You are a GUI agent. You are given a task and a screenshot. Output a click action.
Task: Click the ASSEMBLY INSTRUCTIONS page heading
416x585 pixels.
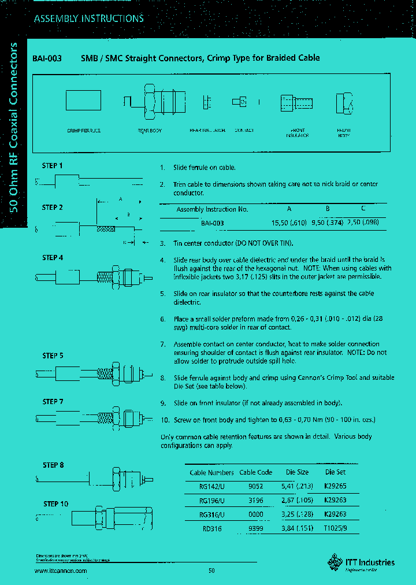pos(88,18)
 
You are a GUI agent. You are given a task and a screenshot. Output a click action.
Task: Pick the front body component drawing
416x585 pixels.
pos(344,103)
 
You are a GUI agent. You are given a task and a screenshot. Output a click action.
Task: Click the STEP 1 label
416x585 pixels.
pos(52,166)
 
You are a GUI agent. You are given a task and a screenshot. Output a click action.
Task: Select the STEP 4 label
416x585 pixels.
pos(52,258)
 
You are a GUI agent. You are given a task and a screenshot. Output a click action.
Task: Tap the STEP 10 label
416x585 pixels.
pos(55,504)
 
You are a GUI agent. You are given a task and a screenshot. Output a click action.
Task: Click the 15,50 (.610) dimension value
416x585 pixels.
pos(289,223)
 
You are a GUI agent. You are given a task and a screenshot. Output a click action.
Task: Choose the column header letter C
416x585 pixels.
pos(363,209)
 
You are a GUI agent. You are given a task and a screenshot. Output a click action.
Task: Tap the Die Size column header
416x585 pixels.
pos(298,473)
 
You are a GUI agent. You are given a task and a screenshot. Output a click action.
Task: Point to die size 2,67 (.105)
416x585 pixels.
pos(298,501)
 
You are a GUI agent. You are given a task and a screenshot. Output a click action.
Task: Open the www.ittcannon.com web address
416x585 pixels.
pos(61,571)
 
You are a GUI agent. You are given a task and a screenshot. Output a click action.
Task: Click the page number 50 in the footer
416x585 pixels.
pos(211,571)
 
